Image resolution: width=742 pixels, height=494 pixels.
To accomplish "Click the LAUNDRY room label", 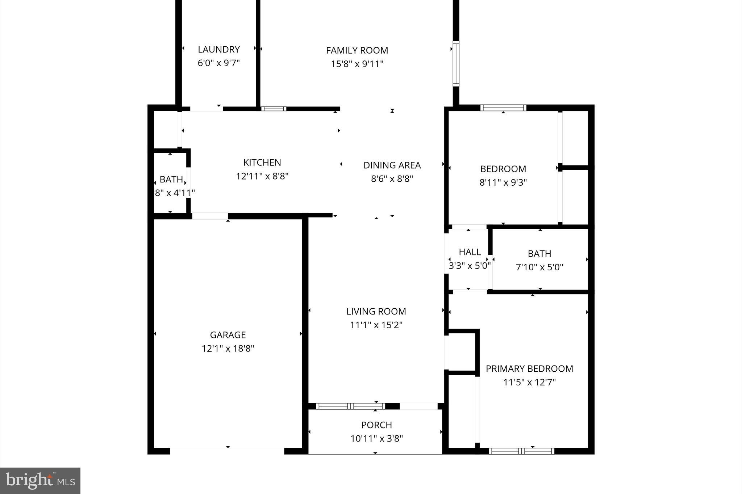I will [218, 49].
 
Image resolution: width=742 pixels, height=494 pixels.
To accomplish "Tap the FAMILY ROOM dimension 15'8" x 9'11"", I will [357, 64].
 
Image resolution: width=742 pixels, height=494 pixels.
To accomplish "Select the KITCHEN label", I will [262, 162].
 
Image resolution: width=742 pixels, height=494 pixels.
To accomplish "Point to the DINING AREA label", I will [392, 165].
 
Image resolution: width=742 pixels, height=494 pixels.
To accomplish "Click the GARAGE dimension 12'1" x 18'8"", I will [228, 349].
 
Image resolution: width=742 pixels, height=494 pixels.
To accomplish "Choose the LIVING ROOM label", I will [376, 311].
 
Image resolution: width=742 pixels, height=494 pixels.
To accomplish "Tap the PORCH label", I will [376, 425].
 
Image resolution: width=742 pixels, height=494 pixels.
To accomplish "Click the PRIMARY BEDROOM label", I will [529, 369].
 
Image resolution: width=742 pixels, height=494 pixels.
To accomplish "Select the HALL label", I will [470, 252].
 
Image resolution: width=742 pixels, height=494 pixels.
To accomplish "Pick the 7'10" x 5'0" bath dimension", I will [539, 267].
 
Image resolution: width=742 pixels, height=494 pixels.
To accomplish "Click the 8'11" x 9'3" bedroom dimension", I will [503, 182].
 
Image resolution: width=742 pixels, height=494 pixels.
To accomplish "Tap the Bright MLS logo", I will [40, 481].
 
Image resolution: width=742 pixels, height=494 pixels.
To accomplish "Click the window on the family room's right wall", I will [456, 64].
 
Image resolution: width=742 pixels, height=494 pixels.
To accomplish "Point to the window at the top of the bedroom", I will [503, 107].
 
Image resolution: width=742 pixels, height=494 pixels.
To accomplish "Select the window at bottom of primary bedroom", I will [521, 451].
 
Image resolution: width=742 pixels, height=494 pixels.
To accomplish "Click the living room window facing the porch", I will [350, 406].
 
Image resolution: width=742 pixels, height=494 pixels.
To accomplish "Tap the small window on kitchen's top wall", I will [274, 109].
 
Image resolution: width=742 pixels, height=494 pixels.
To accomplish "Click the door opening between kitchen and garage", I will [210, 216].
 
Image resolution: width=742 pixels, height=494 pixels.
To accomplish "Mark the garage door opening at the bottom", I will [227, 451].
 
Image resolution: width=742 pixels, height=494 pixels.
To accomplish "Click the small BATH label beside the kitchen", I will [171, 180].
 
